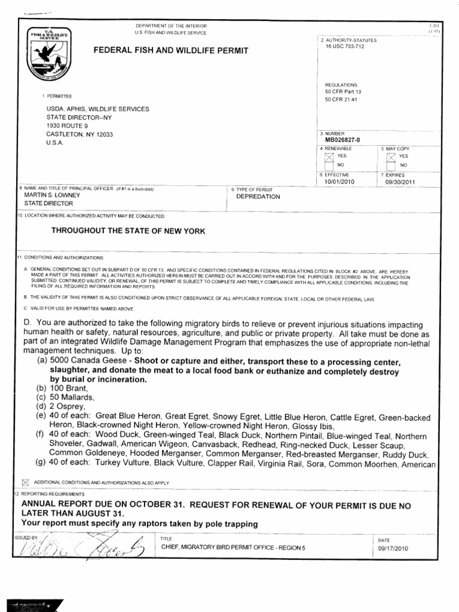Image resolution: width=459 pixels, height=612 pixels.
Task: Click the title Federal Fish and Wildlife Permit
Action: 170,51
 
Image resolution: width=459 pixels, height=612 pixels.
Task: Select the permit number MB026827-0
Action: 342,140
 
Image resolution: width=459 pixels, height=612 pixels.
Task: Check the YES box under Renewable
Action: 328,156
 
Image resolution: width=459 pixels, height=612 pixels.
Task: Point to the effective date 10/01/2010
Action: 339,182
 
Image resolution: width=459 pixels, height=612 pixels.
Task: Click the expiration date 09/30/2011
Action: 400,182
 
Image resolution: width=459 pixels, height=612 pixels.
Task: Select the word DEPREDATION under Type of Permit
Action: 258,197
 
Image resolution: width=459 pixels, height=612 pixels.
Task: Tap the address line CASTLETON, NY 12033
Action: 79,134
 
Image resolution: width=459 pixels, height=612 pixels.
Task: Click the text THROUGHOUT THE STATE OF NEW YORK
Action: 128,231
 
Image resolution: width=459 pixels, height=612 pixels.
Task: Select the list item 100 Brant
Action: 71,388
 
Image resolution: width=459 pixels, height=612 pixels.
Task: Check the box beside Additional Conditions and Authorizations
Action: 25,482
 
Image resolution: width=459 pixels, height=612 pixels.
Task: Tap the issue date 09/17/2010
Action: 393,548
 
